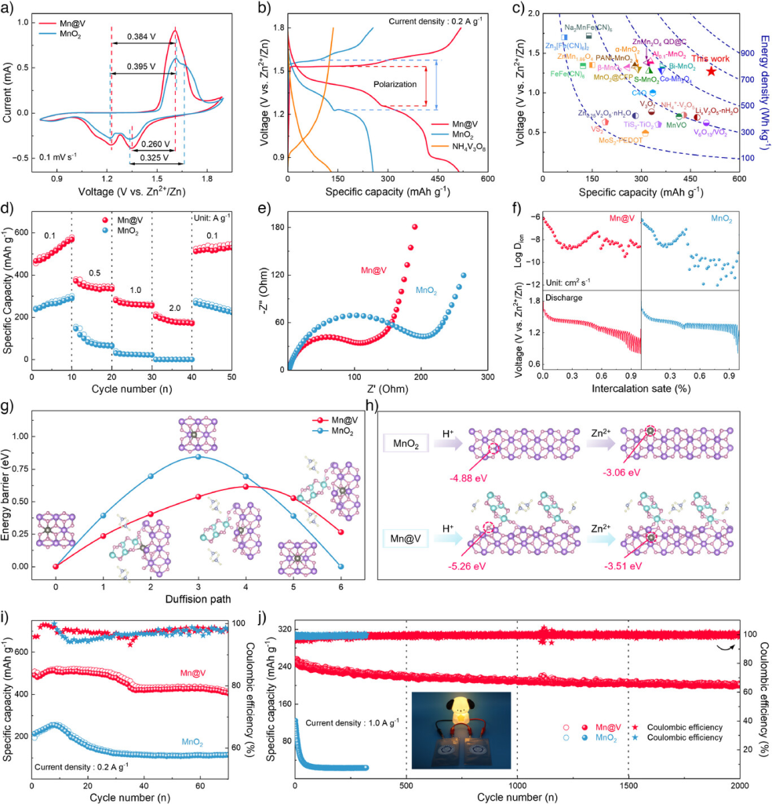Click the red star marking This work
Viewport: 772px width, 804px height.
coord(711,71)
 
